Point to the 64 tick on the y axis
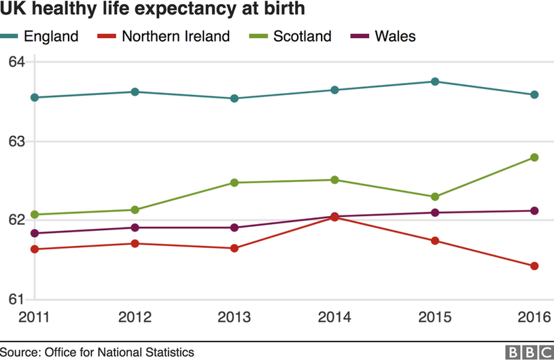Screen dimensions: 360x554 pos(16,62)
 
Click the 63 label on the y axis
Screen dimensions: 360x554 pos(16,141)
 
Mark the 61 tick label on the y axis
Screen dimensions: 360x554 pos(16,299)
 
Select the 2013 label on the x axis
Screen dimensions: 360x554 pos(235,317)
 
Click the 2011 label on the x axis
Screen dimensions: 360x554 pos(34,317)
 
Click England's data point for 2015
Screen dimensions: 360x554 pos(435,82)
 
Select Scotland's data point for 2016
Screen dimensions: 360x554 pos(534,158)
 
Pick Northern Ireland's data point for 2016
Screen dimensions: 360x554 pos(534,266)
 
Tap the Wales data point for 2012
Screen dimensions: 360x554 pos(135,228)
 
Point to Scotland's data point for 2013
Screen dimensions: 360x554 pos(235,183)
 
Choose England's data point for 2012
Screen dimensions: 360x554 pos(135,92)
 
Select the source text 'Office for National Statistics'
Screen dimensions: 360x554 pos(119,352)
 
